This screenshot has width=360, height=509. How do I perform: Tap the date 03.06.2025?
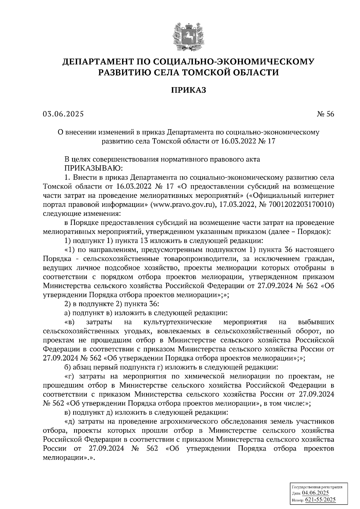[63, 114]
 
